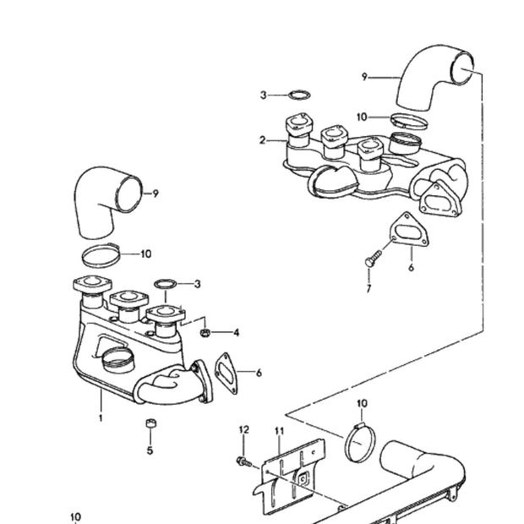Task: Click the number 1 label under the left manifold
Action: pos(100,418)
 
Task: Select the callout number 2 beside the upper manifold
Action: pos(263,139)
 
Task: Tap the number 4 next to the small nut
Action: pos(237,333)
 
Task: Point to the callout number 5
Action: pos(150,450)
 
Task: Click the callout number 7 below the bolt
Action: pos(368,289)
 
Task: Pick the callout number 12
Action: pos(244,431)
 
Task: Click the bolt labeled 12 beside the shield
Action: pos(243,462)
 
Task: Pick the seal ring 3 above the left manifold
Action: pos(166,284)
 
